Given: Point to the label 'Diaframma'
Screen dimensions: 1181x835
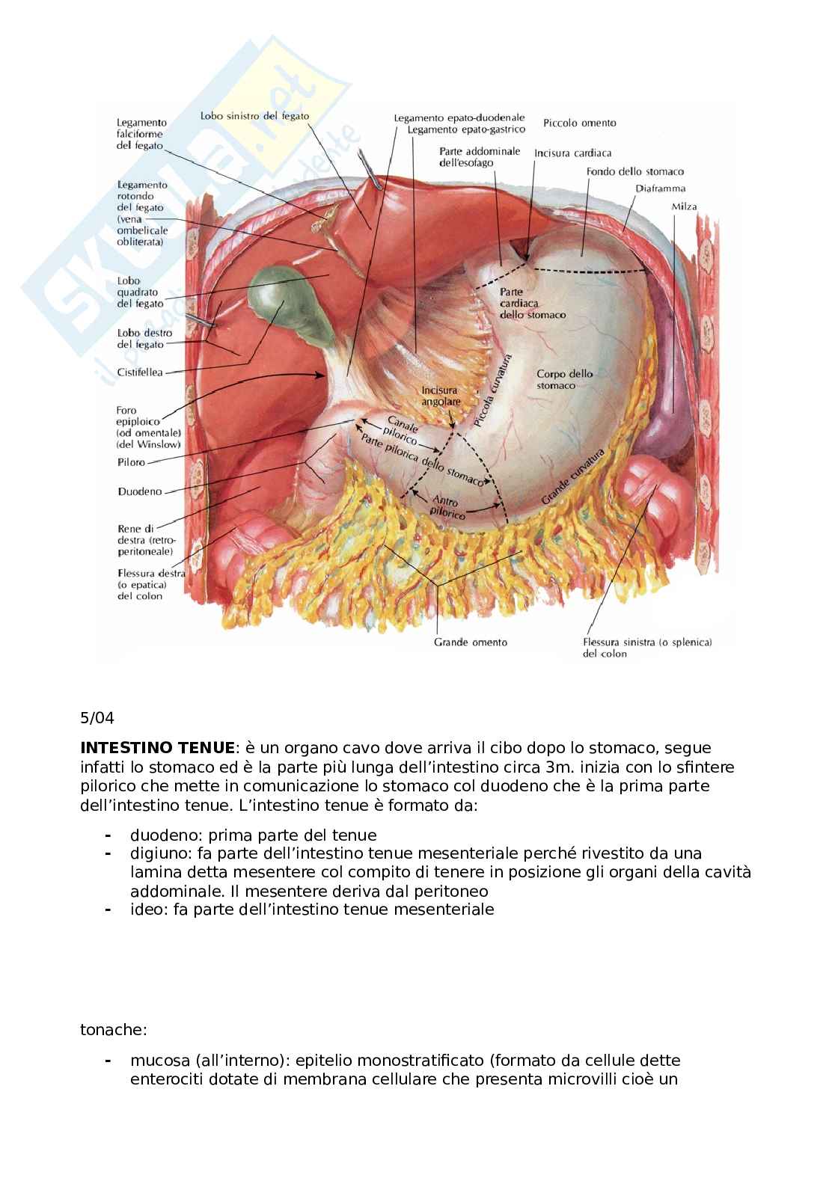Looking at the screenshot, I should pos(660,188).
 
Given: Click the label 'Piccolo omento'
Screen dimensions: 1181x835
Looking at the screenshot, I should pos(580,123).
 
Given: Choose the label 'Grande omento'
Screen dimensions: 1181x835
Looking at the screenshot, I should pos(471,642).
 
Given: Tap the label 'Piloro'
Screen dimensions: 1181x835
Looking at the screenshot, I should pos(132,462).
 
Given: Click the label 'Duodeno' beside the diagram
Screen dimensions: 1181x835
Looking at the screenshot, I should pos(140,491).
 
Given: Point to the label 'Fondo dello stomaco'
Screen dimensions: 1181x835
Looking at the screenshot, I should pos(634,171).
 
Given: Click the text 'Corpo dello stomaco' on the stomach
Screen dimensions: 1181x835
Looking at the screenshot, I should pos(564,379).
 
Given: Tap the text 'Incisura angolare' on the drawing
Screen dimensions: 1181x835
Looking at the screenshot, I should pos(439,396).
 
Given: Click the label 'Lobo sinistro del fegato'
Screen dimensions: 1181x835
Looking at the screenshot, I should pos(254,115).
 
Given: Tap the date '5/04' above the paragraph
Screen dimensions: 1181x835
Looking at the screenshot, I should pos(97,719).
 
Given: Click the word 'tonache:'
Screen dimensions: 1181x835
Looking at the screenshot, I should pos(114,1031).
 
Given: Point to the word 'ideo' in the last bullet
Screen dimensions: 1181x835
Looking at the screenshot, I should pos(146,909).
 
